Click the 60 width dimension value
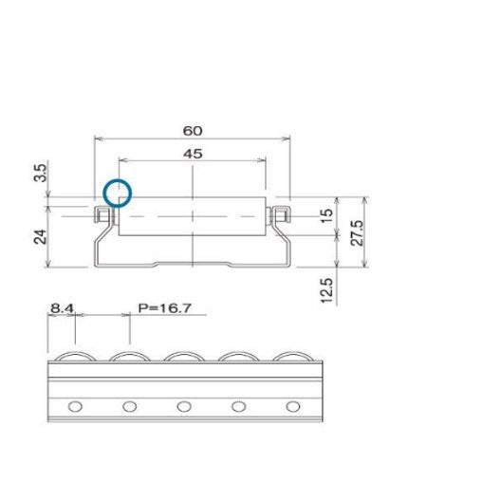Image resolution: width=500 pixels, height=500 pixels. pyautogui.click(x=192, y=130)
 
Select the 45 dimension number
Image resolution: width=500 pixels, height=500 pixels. pyautogui.click(x=192, y=154)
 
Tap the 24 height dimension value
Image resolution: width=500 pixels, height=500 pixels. pyautogui.click(x=40, y=235)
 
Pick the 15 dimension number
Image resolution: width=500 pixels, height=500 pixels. pyautogui.click(x=326, y=216)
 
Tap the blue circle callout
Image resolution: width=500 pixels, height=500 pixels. pyautogui.click(x=117, y=194)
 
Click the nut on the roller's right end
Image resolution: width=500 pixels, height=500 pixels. pyautogui.click(x=280, y=215)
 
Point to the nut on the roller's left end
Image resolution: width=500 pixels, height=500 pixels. pyautogui.click(x=102, y=216)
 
